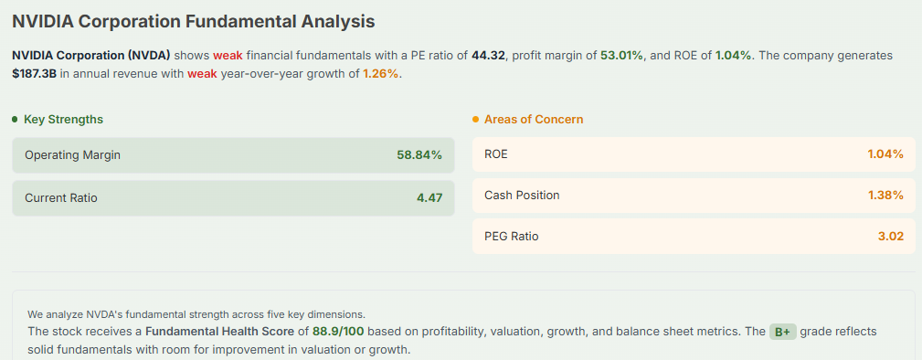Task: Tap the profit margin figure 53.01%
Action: coord(621,56)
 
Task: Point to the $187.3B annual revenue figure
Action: coord(34,74)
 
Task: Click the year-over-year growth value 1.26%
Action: coord(380,74)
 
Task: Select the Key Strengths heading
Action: coord(63,120)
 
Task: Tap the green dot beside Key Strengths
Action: coord(16,120)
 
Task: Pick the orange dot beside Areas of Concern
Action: coord(476,120)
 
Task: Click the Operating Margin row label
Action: coord(72,155)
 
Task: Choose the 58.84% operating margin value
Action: coord(419,155)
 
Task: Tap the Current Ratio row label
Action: coord(61,197)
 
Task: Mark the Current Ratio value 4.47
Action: coord(429,197)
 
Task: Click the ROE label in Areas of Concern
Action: coord(496,154)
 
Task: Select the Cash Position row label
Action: coord(522,195)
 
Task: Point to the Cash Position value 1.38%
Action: coord(885,195)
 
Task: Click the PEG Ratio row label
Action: coord(512,236)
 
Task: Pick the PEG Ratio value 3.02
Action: coord(890,236)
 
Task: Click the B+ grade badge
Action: coord(783,332)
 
